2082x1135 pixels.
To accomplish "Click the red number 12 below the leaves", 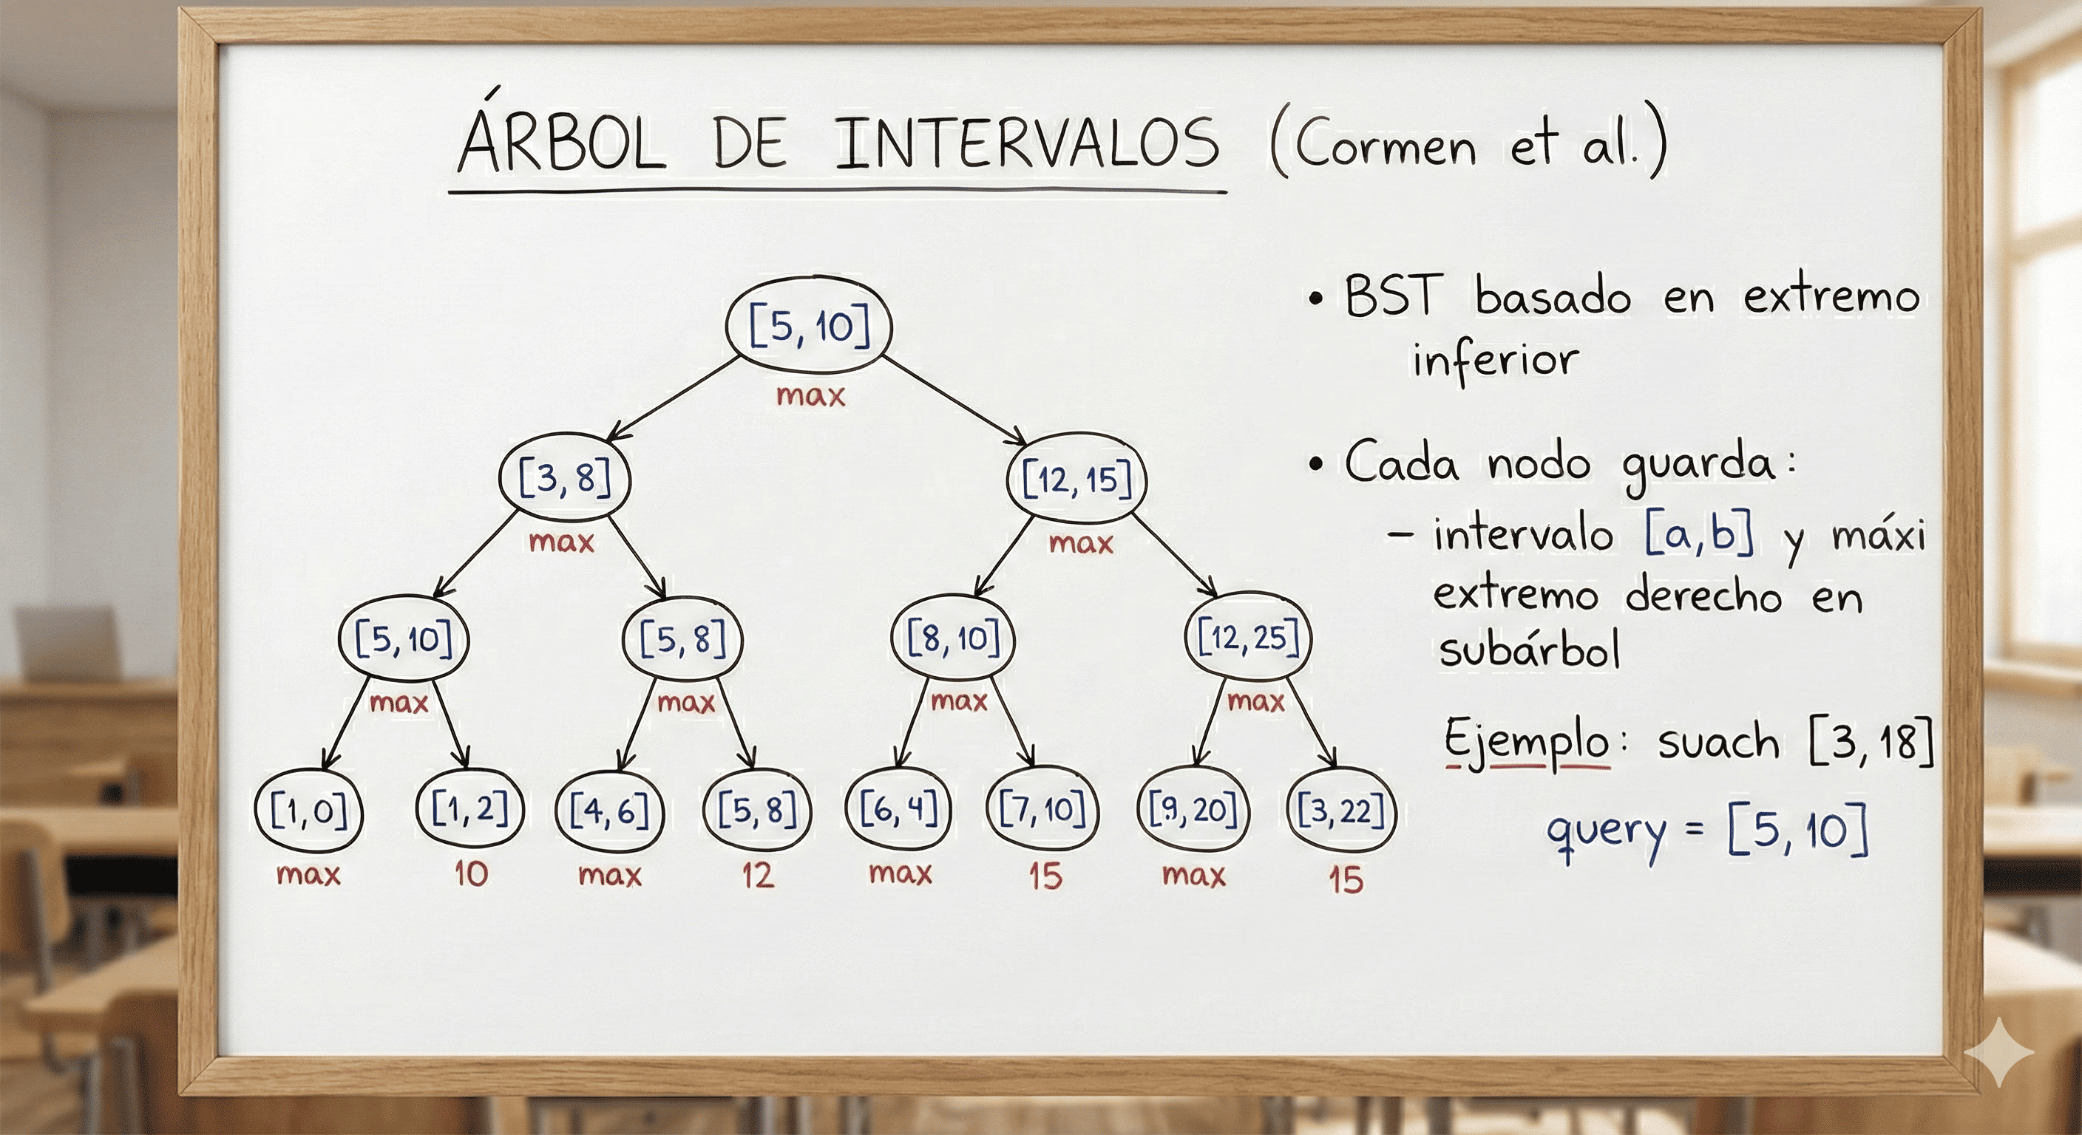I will point(757,875).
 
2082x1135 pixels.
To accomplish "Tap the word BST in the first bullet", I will point(1393,296).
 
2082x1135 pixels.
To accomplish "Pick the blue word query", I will point(1606,831).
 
